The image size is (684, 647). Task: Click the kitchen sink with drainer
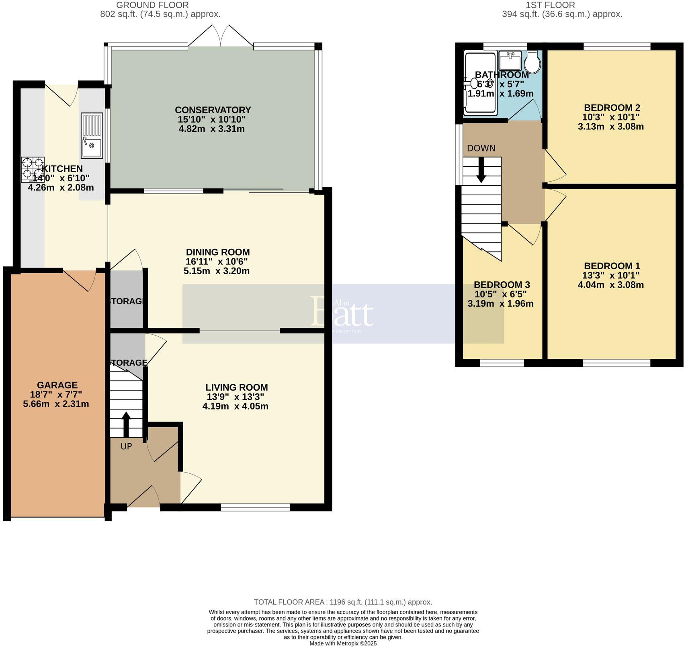tap(92, 135)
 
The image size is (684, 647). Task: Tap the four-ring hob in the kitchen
tap(32, 168)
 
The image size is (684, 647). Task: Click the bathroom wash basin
tap(510, 61)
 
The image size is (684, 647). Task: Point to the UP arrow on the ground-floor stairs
tap(126, 424)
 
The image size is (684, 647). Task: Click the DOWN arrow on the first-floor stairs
tap(481, 170)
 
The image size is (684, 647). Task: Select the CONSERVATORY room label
tap(213, 110)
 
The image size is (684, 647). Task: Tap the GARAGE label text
tap(57, 385)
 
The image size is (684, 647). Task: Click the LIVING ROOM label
tap(236, 387)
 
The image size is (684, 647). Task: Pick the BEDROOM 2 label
tap(612, 108)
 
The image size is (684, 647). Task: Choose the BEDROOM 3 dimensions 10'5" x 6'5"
tap(500, 294)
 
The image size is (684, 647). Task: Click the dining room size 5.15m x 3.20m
tap(217, 271)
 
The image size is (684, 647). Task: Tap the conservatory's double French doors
tap(221, 36)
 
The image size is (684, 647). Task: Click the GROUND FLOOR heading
tap(152, 5)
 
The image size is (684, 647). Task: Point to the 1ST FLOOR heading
tap(550, 5)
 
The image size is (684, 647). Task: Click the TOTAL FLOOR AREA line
tap(343, 602)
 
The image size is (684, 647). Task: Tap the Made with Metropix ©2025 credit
tap(343, 643)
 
